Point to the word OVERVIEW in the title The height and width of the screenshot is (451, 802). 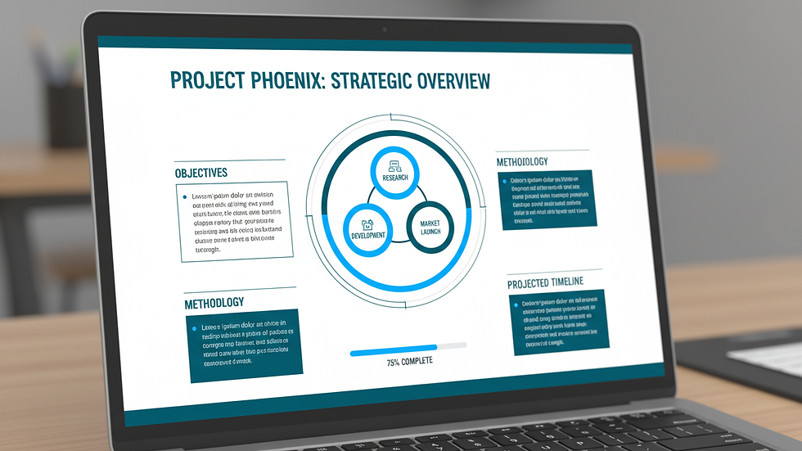[x=453, y=81]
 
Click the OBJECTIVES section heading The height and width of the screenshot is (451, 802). [x=200, y=173]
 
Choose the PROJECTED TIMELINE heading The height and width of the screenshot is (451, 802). [x=545, y=282]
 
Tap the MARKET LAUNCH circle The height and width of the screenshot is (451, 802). [x=430, y=226]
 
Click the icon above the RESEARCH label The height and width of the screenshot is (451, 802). [x=394, y=164]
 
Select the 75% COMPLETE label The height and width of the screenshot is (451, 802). [x=410, y=361]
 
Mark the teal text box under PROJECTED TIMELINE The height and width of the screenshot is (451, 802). [x=560, y=322]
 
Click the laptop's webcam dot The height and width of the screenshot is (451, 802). [x=384, y=30]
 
